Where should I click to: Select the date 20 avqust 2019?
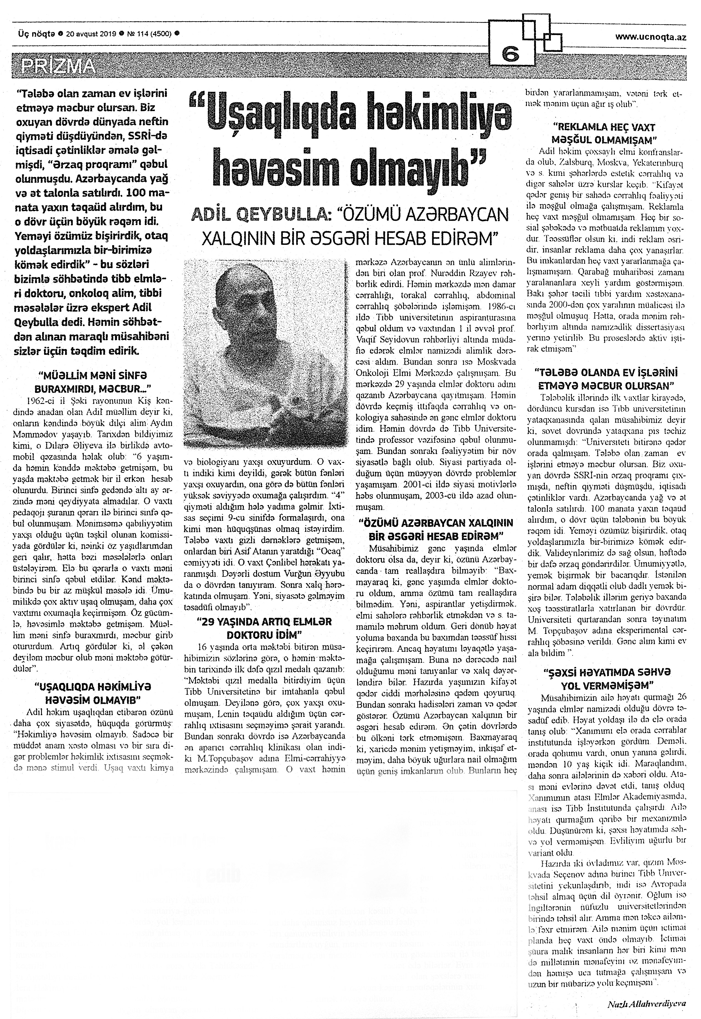pyautogui.click(x=90, y=33)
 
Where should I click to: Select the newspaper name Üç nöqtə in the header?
pyautogui.click(x=36, y=33)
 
